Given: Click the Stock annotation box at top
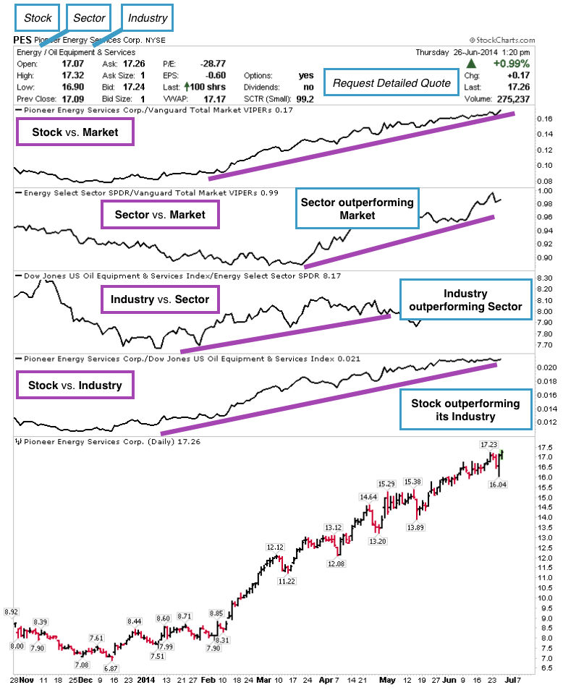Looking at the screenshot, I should click(38, 17).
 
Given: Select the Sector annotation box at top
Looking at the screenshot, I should click(90, 17).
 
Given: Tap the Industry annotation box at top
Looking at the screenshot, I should click(148, 17).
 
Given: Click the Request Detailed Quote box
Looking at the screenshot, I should click(391, 82).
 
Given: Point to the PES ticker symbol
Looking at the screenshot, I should click(22, 41).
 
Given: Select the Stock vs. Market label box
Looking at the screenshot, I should click(75, 132).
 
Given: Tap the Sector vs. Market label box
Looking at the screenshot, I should click(160, 215).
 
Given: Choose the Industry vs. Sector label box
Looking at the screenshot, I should click(160, 299).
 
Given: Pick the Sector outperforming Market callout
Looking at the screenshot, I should click(357, 210).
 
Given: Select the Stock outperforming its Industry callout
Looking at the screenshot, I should click(465, 410).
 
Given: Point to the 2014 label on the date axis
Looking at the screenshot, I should click(146, 680).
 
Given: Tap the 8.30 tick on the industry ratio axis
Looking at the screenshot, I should click(546, 278).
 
